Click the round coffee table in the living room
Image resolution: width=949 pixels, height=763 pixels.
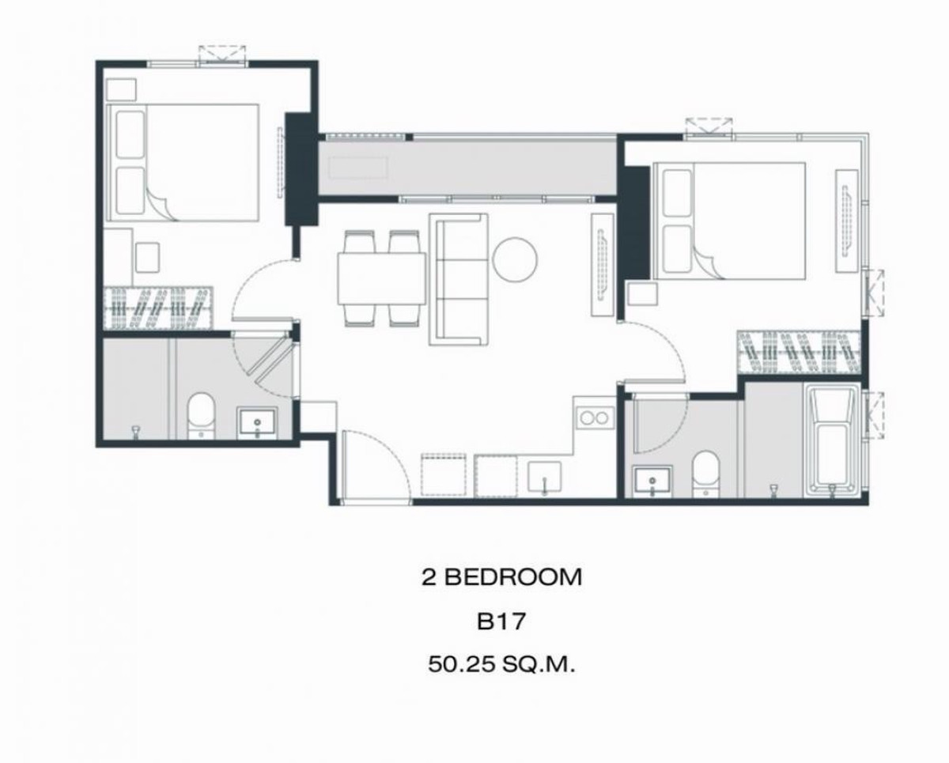[515, 260]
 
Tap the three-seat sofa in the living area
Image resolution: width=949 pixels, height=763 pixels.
[459, 279]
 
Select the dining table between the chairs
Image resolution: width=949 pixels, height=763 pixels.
[382, 279]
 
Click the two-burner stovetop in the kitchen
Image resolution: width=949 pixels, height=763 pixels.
[594, 417]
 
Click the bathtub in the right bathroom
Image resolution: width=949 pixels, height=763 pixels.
[832, 441]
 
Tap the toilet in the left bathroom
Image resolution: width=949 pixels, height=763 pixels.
[201, 415]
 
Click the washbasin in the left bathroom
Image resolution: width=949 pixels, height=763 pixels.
[258, 423]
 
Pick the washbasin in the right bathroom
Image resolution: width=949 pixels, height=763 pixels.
[652, 482]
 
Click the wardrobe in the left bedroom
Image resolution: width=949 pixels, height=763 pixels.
[158, 308]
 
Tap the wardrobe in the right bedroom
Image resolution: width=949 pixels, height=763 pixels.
[800, 353]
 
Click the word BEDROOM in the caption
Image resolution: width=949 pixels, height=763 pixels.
[513, 577]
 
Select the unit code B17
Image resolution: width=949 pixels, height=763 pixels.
[501, 621]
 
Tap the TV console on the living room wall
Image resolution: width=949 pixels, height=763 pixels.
[603, 265]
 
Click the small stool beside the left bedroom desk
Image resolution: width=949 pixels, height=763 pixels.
[147, 257]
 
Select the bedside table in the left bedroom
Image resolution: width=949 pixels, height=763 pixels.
[121, 90]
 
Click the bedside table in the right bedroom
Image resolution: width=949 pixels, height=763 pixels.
[643, 294]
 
